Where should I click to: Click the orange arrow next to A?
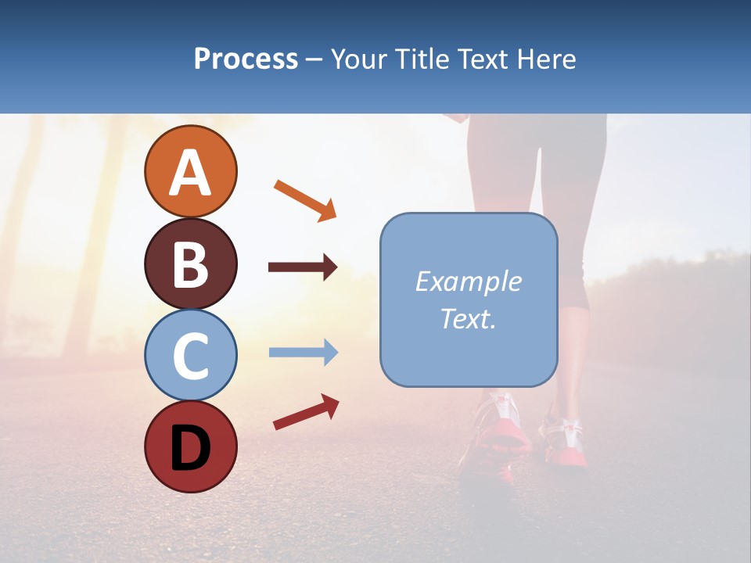coord(305,199)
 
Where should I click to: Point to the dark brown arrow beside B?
coord(303,267)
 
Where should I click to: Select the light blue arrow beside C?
coord(303,353)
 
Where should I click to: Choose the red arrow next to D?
coord(306,412)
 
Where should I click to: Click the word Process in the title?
coord(246,59)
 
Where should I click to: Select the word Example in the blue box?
coord(468,281)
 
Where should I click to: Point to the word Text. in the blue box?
coord(468,318)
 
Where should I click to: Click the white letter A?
coord(190,173)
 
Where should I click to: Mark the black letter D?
coord(190,448)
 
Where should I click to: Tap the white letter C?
coord(190,356)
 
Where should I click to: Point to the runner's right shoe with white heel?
coord(566,442)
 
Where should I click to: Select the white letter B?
coord(190,264)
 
